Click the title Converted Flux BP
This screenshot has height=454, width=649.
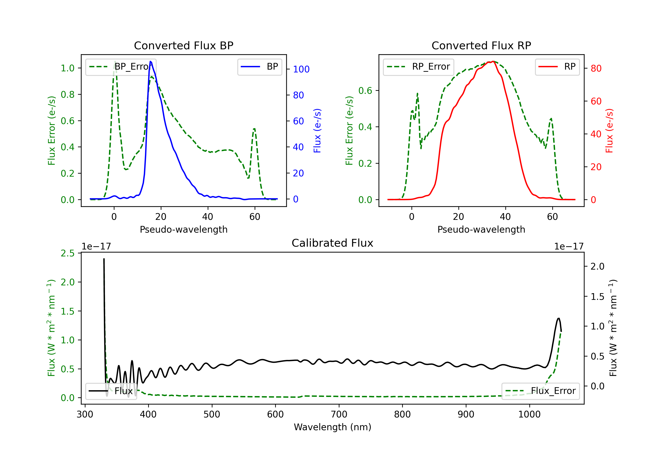(x=183, y=45)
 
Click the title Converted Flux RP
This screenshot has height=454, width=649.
(x=481, y=45)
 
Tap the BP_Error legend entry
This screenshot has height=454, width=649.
(x=121, y=67)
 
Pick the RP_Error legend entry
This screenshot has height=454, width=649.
(x=418, y=67)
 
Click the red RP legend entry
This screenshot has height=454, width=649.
(x=557, y=67)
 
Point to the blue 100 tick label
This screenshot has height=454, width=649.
(x=301, y=69)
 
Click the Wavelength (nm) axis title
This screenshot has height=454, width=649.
(x=333, y=427)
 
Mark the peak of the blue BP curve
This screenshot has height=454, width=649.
(x=150, y=61)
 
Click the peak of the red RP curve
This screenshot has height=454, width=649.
(x=493, y=61)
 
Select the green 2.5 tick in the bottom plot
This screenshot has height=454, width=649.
(x=67, y=253)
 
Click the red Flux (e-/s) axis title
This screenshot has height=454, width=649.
(x=609, y=131)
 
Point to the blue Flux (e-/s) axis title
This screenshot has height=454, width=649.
(x=317, y=131)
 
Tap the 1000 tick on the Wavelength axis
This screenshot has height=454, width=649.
(x=529, y=414)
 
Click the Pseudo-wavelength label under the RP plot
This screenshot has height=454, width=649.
(x=481, y=229)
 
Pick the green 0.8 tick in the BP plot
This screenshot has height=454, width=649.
(x=67, y=94)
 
